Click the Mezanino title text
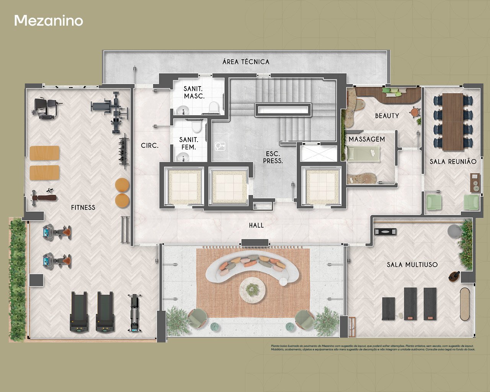coord(49,21)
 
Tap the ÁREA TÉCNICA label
coord(246,62)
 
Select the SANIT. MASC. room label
coord(194,93)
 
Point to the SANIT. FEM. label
coord(189,144)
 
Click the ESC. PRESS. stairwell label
coord(273,157)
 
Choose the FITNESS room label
coord(83,207)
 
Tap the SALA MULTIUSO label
coord(412,265)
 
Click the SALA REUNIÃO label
coord(453,162)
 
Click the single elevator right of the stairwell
coord(320,186)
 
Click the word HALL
coord(256,225)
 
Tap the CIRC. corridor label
coord(150,146)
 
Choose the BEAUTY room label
coord(387,116)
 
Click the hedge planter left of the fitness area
coord(17,279)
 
